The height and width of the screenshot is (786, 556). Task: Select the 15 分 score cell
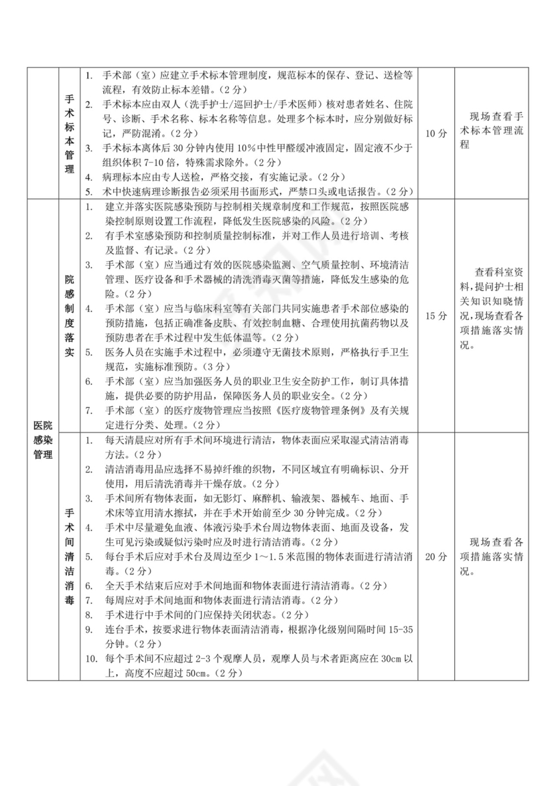(x=436, y=315)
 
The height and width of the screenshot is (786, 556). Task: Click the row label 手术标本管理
(x=69, y=133)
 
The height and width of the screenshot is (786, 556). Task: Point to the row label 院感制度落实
(x=69, y=315)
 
